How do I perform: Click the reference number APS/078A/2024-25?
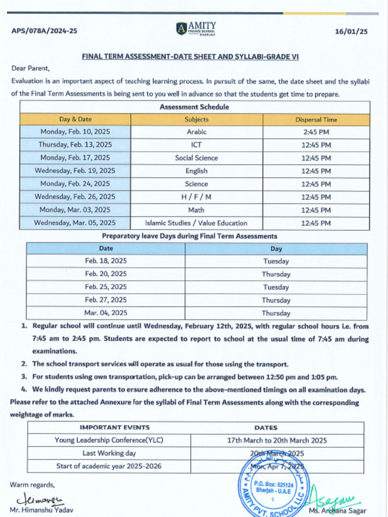pyautogui.click(x=44, y=31)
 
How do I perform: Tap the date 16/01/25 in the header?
pyautogui.click(x=351, y=31)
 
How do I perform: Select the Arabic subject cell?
pyautogui.click(x=197, y=132)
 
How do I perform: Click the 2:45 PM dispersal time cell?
pyautogui.click(x=316, y=132)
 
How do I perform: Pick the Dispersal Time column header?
pyautogui.click(x=316, y=120)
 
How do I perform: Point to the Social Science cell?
pyautogui.click(x=197, y=158)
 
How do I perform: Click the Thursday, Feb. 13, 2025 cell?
pyautogui.click(x=75, y=145)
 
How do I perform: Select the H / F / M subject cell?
pyautogui.click(x=197, y=197)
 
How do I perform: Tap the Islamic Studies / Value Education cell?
pyautogui.click(x=197, y=223)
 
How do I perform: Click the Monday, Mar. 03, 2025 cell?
pyautogui.click(x=75, y=210)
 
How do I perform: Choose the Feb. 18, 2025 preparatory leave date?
pyautogui.click(x=106, y=261)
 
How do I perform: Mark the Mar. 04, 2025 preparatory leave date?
pyautogui.click(x=106, y=313)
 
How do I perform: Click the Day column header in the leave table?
pyautogui.click(x=276, y=249)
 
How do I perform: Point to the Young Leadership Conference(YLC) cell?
pyautogui.click(x=109, y=440)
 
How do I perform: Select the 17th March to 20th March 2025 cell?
pyautogui.click(x=277, y=440)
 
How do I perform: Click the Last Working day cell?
pyautogui.click(x=109, y=453)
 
